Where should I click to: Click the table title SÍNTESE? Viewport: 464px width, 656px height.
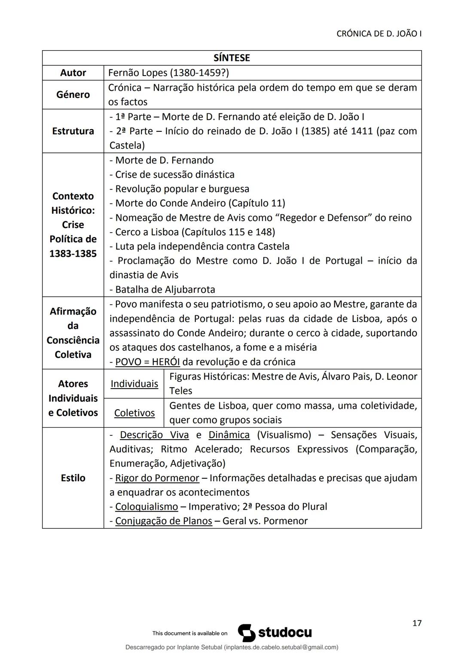click(x=232, y=58)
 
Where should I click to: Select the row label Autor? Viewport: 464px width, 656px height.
click(x=73, y=73)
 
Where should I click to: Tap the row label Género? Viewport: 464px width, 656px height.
click(x=73, y=94)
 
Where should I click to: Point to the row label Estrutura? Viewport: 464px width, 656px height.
click(x=73, y=131)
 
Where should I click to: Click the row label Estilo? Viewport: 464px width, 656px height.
click(x=73, y=478)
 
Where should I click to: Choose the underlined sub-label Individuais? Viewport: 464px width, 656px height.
click(x=134, y=384)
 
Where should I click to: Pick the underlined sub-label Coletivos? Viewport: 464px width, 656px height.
click(x=134, y=413)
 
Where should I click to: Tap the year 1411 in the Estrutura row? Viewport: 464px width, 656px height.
click(x=362, y=131)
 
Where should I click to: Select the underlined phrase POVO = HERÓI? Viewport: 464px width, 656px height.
click(x=147, y=362)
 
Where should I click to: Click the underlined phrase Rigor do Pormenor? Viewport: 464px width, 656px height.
click(x=157, y=478)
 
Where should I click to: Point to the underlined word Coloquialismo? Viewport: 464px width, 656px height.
click(x=146, y=507)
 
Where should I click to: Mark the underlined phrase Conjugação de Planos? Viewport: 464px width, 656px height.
click(x=163, y=521)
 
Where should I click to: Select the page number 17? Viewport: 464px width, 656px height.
click(x=417, y=623)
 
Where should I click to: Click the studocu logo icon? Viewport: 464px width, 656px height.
click(x=247, y=633)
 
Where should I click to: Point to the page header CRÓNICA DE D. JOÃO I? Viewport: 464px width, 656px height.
click(x=379, y=34)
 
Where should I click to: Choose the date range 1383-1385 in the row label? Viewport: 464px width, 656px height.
click(x=73, y=253)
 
